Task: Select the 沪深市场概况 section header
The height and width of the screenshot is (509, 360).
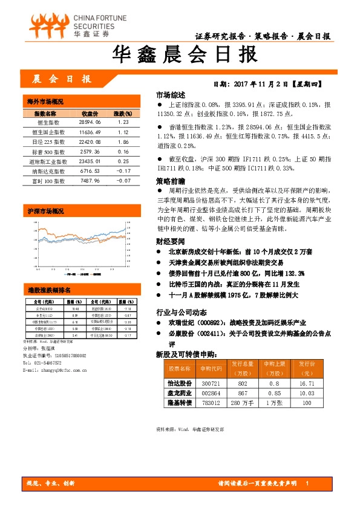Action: [x=45, y=212]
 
